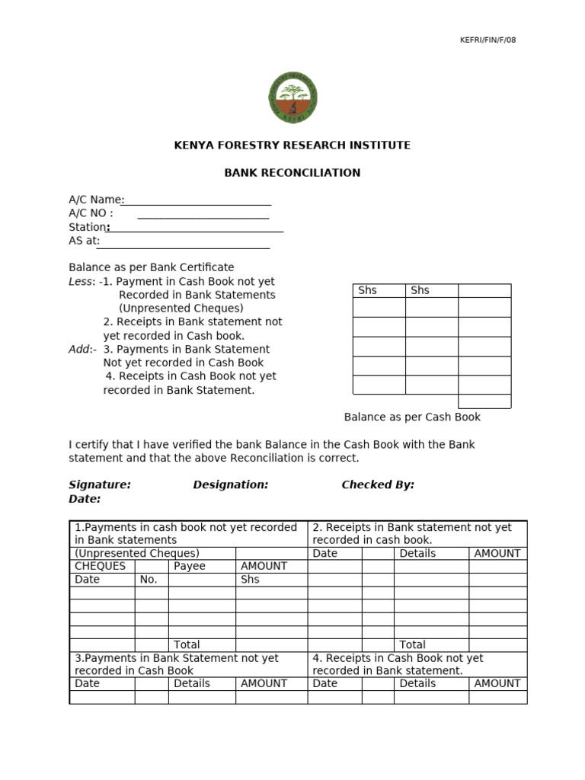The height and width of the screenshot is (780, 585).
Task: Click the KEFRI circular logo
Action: (x=292, y=97)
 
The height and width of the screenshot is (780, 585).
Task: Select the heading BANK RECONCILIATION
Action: (x=292, y=173)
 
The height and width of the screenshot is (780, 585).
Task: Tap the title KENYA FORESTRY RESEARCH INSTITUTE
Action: (x=292, y=145)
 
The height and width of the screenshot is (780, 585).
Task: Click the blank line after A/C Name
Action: (x=197, y=202)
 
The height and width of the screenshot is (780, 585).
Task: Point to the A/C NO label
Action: (x=91, y=213)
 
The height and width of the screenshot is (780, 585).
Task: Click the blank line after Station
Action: (x=197, y=228)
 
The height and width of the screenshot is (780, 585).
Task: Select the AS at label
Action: (x=84, y=241)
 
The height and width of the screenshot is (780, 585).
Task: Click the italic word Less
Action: (x=81, y=282)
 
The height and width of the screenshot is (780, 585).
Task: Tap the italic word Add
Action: (x=80, y=350)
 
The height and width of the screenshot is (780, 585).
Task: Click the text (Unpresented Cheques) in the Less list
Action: (x=181, y=308)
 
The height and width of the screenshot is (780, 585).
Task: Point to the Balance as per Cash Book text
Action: (x=412, y=417)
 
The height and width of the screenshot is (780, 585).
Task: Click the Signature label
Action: (x=100, y=485)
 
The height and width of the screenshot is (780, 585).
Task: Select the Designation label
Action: (x=230, y=485)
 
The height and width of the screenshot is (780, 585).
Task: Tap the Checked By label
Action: (x=378, y=485)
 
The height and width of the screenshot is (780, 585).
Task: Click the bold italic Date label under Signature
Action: (x=85, y=499)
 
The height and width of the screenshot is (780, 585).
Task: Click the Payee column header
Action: (x=190, y=567)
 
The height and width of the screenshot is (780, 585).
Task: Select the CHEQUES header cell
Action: (x=101, y=567)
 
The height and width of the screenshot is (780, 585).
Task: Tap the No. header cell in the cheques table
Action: (x=149, y=580)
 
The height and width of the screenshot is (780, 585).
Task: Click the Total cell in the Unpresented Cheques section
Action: (x=187, y=645)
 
